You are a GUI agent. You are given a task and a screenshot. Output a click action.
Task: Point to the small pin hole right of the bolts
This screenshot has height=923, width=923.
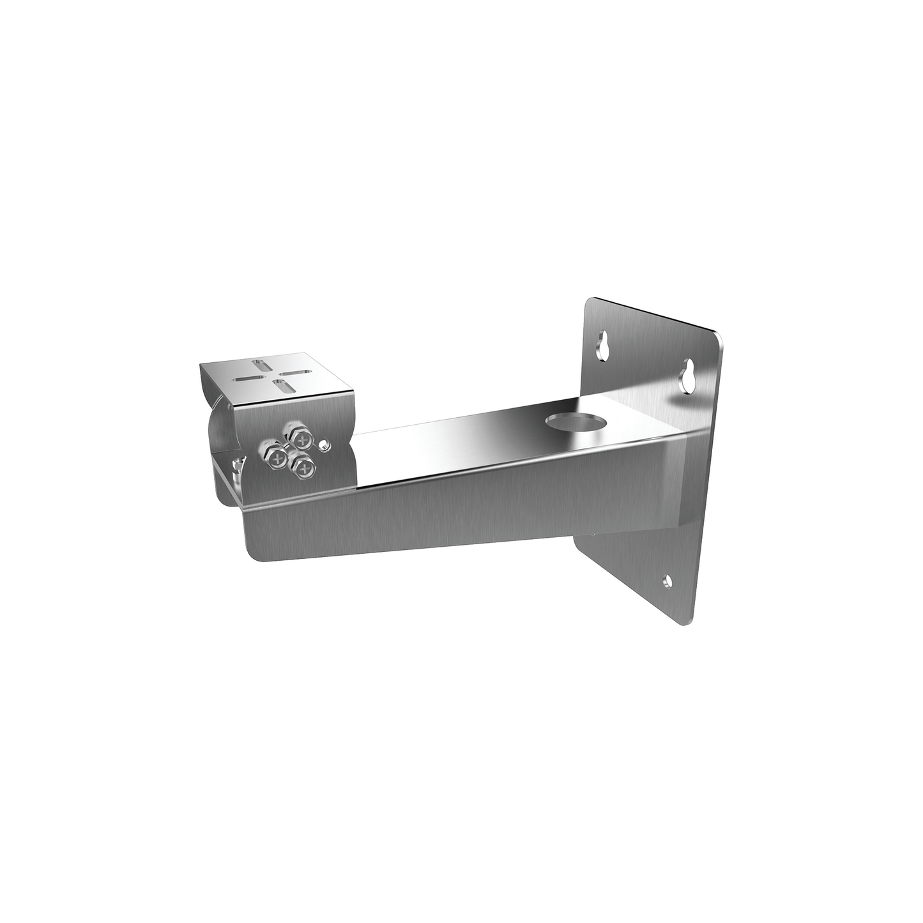coord(326,445)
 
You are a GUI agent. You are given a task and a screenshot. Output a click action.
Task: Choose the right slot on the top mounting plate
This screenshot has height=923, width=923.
coord(295,373)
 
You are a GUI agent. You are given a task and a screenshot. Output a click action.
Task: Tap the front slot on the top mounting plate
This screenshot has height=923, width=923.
coord(278,385)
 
